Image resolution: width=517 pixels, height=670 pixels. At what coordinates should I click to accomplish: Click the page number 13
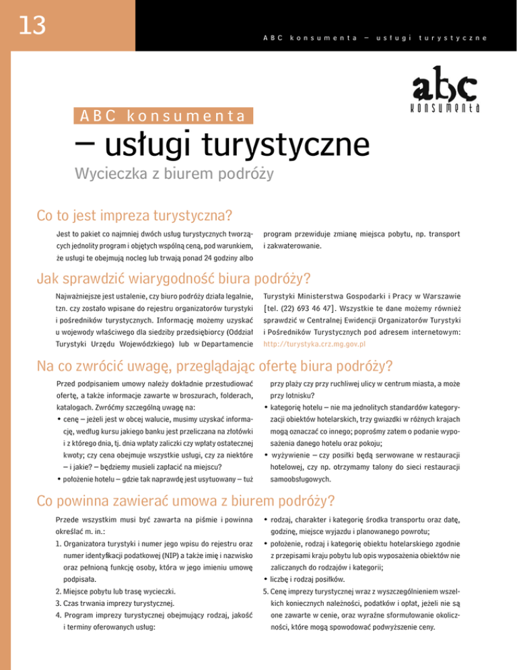pos(32,25)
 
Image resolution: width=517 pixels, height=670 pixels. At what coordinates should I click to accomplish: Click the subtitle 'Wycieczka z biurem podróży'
pos(168,176)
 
